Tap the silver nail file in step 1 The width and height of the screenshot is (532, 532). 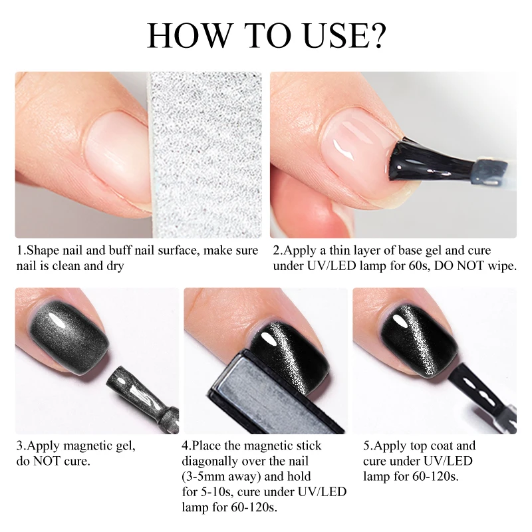pyautogui.click(x=205, y=155)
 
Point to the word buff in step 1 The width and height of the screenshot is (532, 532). pyautogui.click(x=120, y=251)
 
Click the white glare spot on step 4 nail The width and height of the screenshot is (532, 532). pyautogui.click(x=268, y=338)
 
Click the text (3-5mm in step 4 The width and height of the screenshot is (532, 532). pyautogui.click(x=205, y=477)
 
